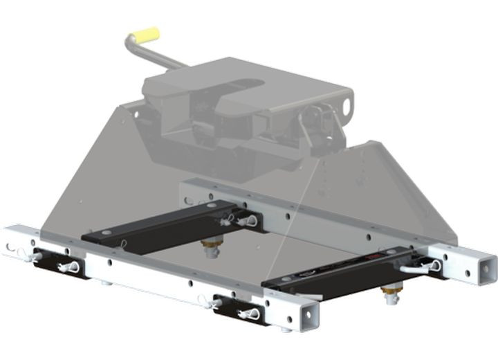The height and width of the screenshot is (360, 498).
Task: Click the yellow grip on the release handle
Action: (x=142, y=35)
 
